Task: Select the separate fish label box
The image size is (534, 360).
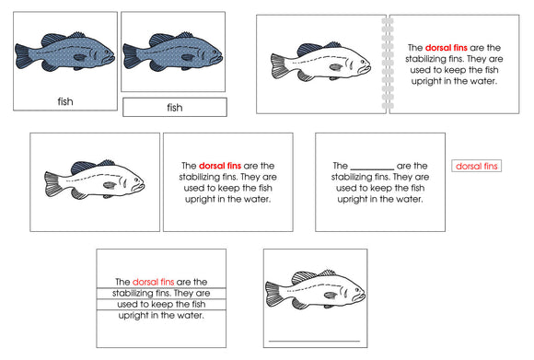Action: tap(174, 108)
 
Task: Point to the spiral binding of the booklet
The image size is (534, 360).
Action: tap(386, 64)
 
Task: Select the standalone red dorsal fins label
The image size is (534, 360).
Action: tap(477, 166)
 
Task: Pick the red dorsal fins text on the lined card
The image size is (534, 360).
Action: tap(153, 282)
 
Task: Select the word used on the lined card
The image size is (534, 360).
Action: tap(128, 304)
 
